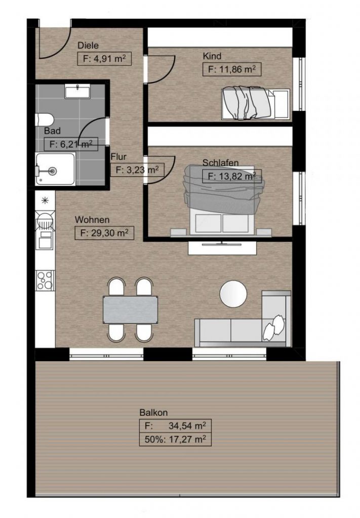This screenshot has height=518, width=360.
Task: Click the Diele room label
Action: tap(88, 46)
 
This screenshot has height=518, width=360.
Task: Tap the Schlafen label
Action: tap(220, 163)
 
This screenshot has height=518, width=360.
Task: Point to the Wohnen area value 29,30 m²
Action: tap(104, 233)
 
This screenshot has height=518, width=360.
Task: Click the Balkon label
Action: tap(153, 413)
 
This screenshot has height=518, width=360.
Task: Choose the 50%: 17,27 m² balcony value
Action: tap(175, 440)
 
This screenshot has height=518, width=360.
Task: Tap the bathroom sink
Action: tap(77, 92)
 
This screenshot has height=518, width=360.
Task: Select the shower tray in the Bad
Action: tap(55, 169)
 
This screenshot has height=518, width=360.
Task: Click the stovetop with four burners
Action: tap(45, 280)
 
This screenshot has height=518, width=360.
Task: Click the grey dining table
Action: tap(130, 310)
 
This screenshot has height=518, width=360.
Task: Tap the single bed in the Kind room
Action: tap(255, 103)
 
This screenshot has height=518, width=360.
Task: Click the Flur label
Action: tap(118, 156)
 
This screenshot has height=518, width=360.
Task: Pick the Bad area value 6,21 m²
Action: tap(71, 144)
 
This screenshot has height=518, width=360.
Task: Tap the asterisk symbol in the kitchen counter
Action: tap(45, 200)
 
